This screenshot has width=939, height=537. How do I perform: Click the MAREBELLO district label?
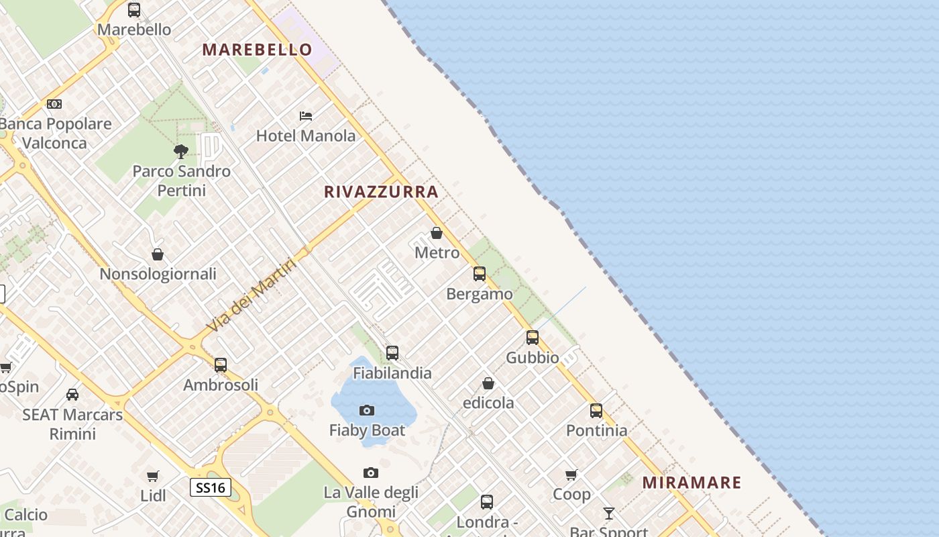click(258, 50)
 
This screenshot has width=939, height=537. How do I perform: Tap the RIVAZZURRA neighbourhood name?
click(381, 192)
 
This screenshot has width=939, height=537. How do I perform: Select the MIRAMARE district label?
click(692, 483)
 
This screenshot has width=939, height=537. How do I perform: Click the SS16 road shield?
click(211, 487)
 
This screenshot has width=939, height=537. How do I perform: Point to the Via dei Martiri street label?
click(252, 295)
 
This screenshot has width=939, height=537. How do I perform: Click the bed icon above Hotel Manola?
click(306, 116)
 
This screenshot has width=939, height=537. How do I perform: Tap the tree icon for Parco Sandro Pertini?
click(180, 151)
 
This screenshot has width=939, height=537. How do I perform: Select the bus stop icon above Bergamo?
click(479, 274)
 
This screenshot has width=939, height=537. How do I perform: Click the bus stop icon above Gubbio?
click(532, 338)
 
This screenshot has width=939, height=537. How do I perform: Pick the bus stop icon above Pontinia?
click(596, 411)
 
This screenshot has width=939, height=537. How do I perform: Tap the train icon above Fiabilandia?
click(392, 353)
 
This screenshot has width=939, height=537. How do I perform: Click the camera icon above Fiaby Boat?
click(367, 410)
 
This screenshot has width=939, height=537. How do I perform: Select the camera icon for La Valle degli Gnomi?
click(370, 473)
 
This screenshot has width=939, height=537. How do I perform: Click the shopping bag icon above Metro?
click(437, 233)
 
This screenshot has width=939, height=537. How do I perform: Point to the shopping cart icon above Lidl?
click(153, 476)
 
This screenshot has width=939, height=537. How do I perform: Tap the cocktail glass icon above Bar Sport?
click(608, 514)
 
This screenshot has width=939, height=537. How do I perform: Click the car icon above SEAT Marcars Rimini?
click(72, 395)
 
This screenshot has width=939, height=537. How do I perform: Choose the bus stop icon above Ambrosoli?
click(221, 365)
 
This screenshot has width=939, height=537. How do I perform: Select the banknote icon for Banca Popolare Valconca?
click(54, 104)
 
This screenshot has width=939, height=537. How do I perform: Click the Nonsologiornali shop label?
click(158, 274)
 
